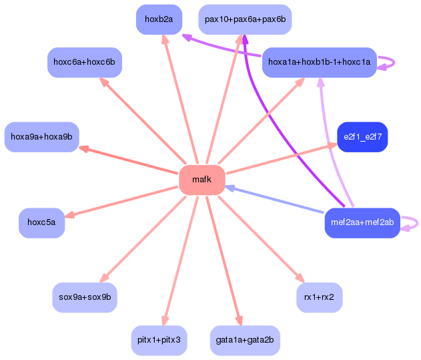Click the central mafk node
[201, 180]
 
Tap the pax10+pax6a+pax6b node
[245, 19]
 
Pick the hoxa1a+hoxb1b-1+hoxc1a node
[319, 62]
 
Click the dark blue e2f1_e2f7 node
[362, 137]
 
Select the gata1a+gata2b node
[245, 340]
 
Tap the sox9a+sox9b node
[85, 297]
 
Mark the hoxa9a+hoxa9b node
[41, 137]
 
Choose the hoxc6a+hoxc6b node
[85, 62]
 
